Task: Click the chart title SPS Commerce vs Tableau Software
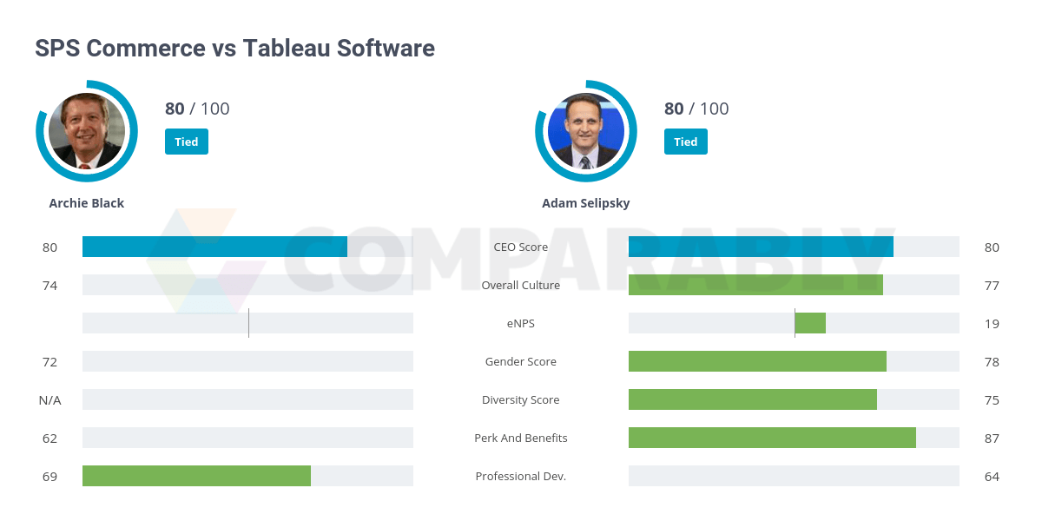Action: coord(234,48)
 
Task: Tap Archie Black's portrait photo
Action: coord(87,131)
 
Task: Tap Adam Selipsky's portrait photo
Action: coord(586,131)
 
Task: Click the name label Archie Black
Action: coord(87,203)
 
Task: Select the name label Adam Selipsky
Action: coord(586,203)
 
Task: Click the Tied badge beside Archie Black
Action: coord(187,142)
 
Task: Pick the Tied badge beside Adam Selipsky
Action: coord(686,142)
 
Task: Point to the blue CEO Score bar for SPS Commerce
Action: coord(214,247)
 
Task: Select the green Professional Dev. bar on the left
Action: coord(196,476)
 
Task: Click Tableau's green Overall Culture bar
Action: coord(755,285)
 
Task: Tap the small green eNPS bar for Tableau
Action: coord(810,323)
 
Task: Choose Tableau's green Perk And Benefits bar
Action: coord(772,438)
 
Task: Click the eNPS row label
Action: coord(521,323)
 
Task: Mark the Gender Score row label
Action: coord(521,361)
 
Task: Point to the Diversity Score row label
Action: coord(521,399)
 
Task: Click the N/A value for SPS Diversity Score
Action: coord(49,399)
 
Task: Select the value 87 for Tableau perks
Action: coord(992,438)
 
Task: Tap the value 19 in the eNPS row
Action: coord(992,323)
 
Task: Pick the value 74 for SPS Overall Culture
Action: coord(49,285)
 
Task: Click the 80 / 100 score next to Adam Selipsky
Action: coord(696,109)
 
